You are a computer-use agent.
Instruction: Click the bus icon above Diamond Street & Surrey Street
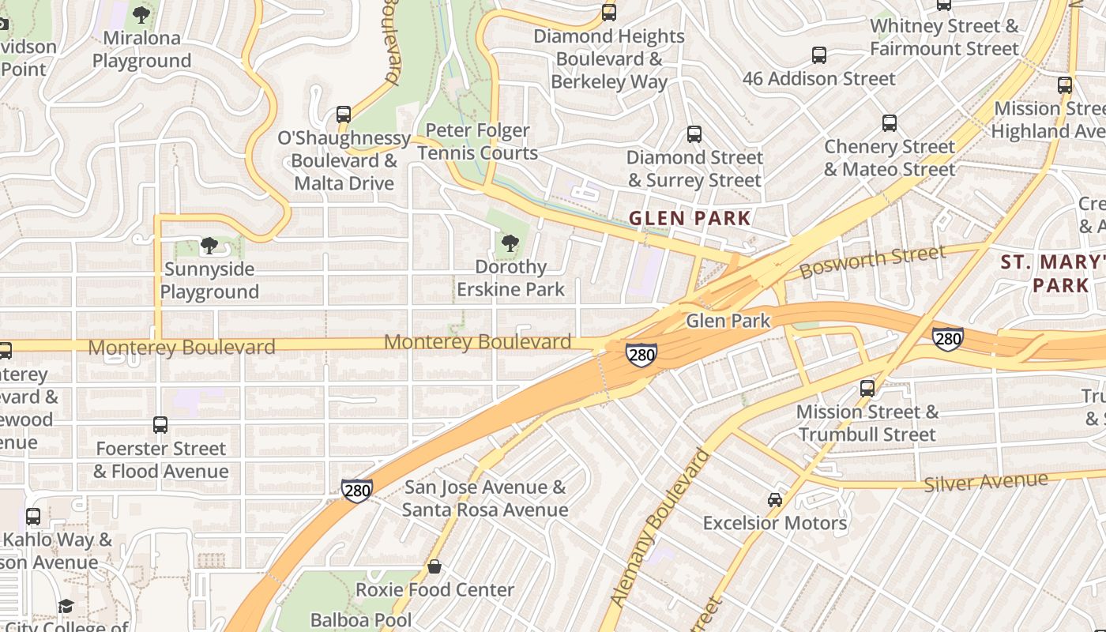(x=694, y=134)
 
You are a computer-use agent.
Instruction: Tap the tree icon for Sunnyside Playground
(x=209, y=246)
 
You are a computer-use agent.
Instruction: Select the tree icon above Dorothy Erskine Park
(x=510, y=243)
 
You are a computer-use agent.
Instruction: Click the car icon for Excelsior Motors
(x=775, y=500)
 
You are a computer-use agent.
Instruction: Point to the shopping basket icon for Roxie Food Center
(x=434, y=566)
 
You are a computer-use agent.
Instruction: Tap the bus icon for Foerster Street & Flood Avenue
(x=160, y=425)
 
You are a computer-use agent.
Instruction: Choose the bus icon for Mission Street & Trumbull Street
(x=867, y=388)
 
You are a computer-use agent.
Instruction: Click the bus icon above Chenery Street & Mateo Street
(x=890, y=123)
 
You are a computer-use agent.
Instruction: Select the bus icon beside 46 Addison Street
(x=819, y=55)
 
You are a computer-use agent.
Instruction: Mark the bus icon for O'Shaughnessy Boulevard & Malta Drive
(x=344, y=115)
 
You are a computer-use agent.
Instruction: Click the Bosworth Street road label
(x=871, y=261)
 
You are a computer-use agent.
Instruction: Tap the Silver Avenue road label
(x=985, y=481)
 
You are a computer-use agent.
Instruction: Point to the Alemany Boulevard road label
(x=660, y=528)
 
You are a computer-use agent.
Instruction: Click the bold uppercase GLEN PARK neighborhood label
(x=690, y=218)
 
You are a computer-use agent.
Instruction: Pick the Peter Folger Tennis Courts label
(x=478, y=141)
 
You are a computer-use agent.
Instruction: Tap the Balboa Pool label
(x=361, y=619)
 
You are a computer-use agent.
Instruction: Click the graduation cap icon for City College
(x=66, y=606)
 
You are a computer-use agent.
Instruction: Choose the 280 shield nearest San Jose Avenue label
(x=357, y=491)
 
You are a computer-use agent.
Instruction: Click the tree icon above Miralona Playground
(x=141, y=14)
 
